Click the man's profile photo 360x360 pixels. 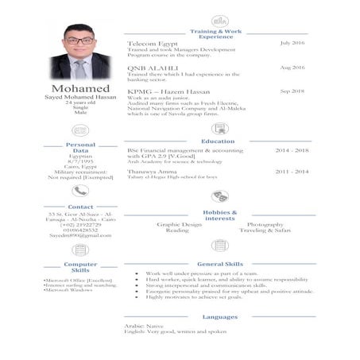click(x=81, y=52)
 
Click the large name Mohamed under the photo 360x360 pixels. click(x=80, y=87)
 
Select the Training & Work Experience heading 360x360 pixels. click(x=216, y=33)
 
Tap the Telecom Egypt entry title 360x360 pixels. click(x=153, y=42)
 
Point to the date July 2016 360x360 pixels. click(x=292, y=42)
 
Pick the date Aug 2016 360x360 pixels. click(x=292, y=68)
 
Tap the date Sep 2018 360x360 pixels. click(x=292, y=91)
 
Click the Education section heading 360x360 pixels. click(x=218, y=141)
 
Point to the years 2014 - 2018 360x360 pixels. click(x=292, y=150)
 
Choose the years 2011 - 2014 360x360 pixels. click(x=292, y=170)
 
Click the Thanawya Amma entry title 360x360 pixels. click(x=152, y=171)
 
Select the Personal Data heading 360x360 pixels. click(x=80, y=147)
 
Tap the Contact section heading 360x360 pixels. click(x=80, y=207)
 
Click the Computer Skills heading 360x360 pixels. click(x=80, y=267)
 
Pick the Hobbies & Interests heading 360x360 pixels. click(x=219, y=215)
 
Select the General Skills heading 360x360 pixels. click(x=219, y=263)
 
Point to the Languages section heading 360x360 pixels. click(x=219, y=316)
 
